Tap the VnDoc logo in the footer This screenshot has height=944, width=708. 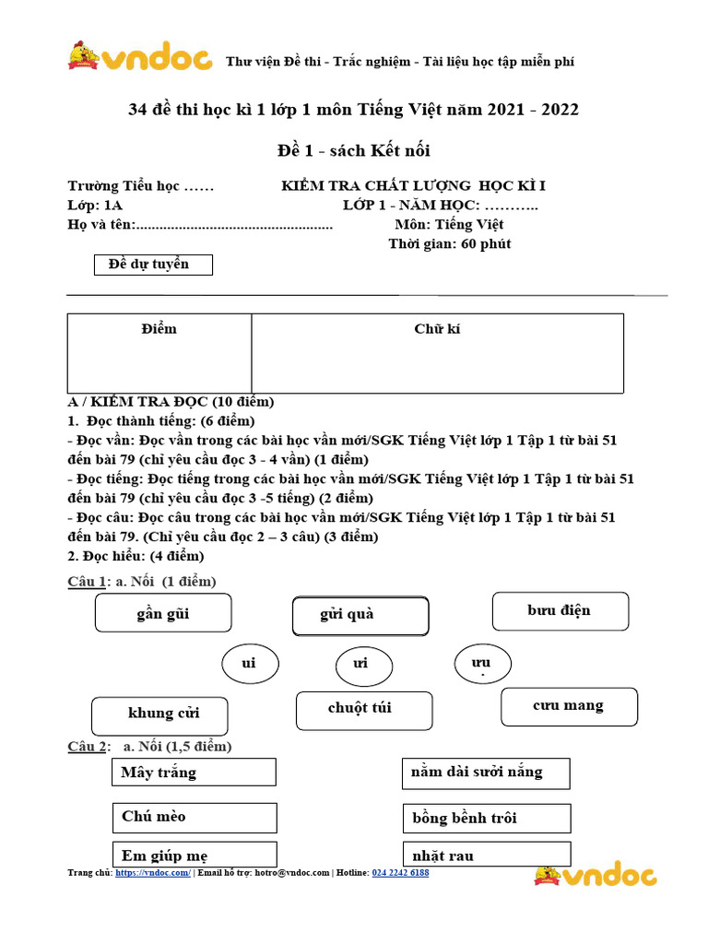595,875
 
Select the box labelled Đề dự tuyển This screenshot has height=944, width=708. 154,265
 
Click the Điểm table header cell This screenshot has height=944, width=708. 159,329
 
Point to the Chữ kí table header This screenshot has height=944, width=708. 437,329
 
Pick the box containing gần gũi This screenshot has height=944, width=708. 162,613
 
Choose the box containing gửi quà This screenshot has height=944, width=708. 360,616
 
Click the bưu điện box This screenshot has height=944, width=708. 560,611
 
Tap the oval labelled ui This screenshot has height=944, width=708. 249,664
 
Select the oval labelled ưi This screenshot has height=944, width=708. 361,665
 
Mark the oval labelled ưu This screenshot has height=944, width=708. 483,664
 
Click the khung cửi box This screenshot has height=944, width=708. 159,715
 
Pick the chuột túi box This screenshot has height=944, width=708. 363,710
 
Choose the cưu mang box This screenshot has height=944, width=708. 569,706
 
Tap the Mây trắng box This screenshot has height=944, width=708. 194,773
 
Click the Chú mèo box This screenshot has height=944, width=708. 194,817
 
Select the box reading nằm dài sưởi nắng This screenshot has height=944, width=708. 486,773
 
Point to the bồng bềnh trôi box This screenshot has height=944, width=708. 486,818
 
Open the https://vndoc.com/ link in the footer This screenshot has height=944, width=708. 153,872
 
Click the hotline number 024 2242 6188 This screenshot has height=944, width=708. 400,872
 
